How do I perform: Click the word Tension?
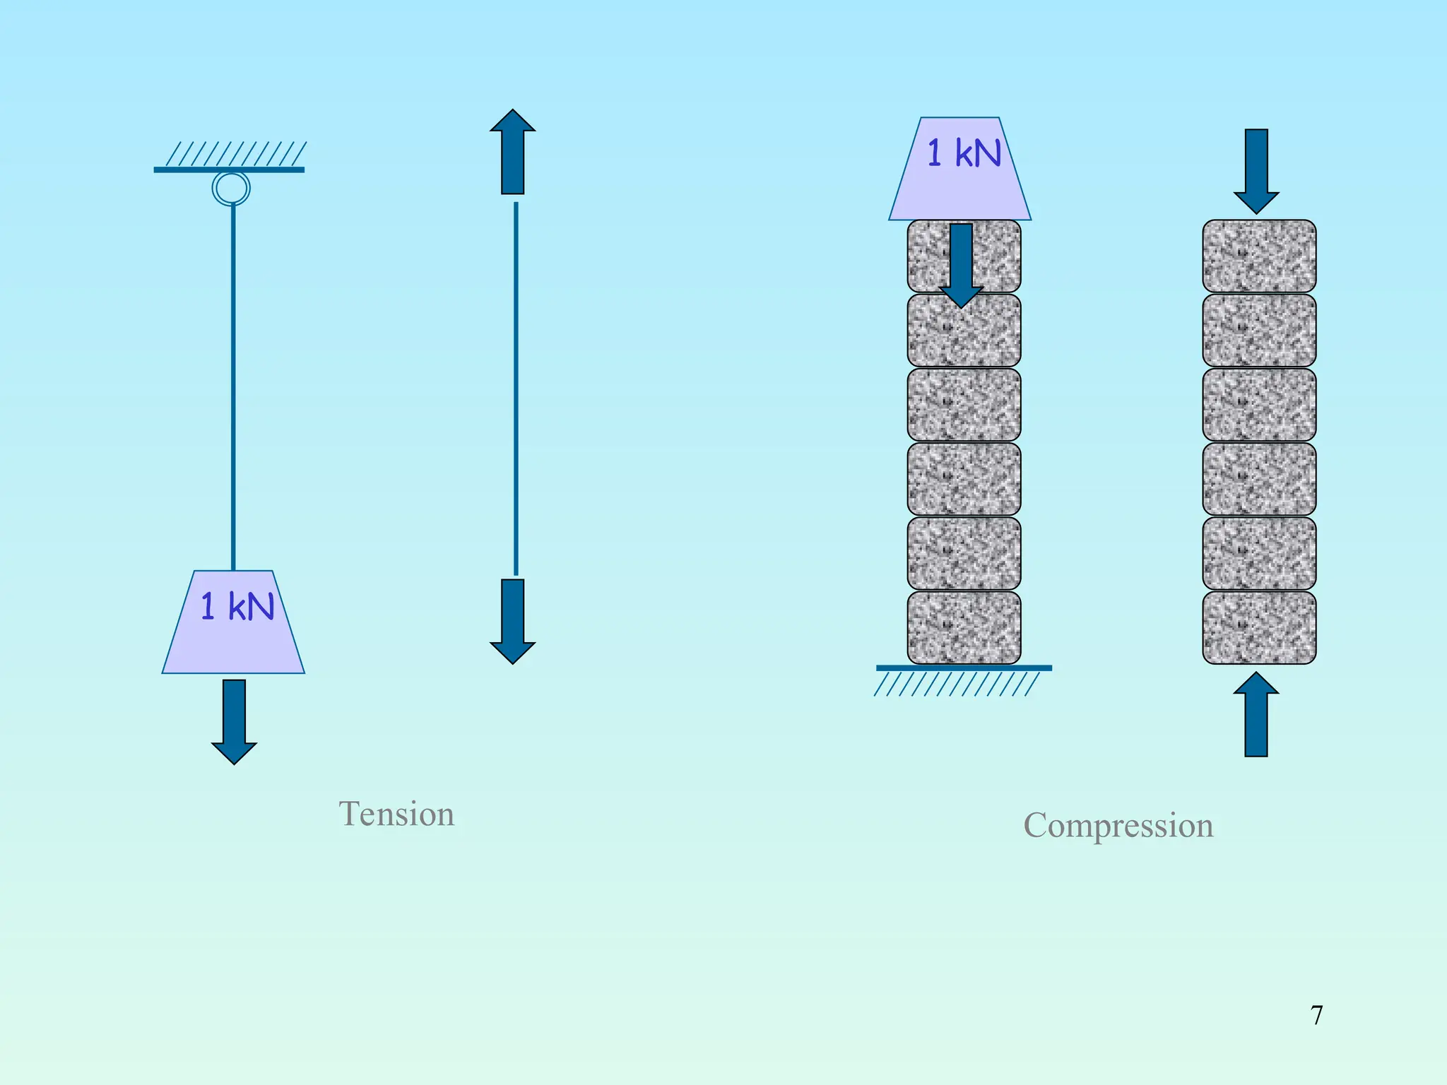click(x=396, y=814)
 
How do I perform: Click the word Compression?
click(x=1118, y=825)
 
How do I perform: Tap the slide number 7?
click(x=1316, y=1015)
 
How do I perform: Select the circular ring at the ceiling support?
click(x=231, y=189)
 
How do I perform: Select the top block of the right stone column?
click(x=1259, y=256)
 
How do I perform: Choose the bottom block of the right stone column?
click(x=1259, y=627)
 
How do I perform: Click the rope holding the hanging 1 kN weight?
click(x=233, y=389)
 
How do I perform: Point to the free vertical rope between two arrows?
click(x=516, y=389)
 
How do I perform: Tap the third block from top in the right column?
click(x=1259, y=405)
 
